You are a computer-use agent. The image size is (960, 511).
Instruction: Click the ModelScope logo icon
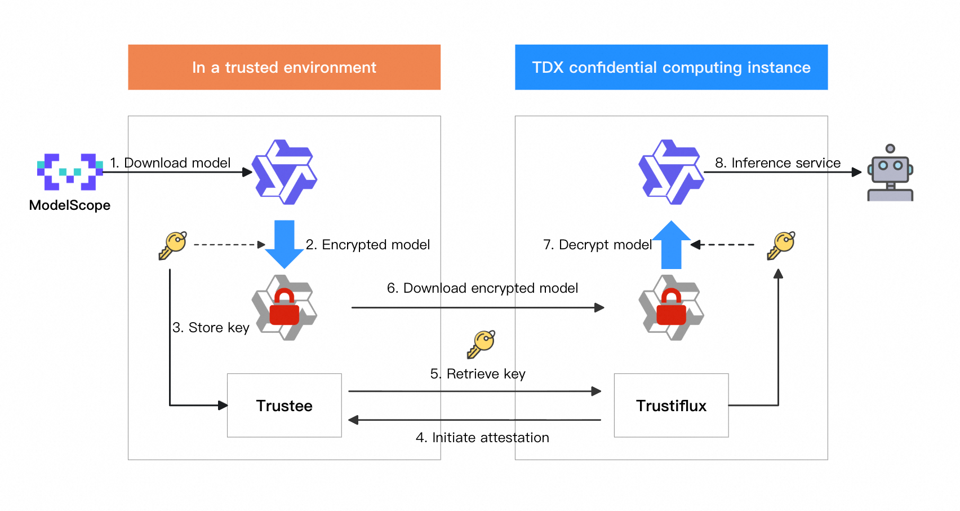coord(70,171)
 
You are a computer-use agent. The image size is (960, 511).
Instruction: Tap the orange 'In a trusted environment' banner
coord(284,67)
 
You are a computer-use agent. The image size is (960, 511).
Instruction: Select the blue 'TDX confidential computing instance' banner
coord(671,67)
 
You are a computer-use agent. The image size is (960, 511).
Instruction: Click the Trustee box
coord(284,406)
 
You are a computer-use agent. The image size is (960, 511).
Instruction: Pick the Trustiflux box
coord(671,406)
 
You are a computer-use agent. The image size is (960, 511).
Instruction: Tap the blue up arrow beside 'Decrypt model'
coord(671,245)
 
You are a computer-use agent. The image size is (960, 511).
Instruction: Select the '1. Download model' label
coord(170,163)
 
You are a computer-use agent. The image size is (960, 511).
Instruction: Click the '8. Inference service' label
coord(777,163)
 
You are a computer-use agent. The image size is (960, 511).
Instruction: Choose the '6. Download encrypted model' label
coord(482,288)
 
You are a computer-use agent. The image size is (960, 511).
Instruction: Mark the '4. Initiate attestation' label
coord(482,438)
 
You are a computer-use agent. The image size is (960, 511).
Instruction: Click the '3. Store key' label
coord(211,328)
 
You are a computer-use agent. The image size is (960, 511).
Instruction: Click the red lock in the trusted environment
coord(284,308)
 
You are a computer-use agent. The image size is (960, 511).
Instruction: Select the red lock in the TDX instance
coord(671,308)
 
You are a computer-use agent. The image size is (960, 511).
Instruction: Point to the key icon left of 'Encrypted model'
coord(172,245)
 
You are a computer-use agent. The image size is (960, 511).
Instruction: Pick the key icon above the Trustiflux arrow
coord(781,245)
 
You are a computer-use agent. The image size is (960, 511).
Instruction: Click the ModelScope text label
coord(70,205)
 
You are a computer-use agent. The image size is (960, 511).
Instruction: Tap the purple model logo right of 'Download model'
coord(284,172)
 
